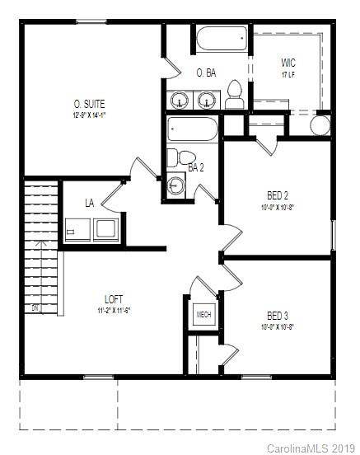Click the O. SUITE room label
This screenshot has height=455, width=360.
tap(90, 104)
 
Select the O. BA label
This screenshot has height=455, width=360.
tap(206, 73)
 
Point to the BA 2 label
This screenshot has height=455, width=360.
tap(196, 168)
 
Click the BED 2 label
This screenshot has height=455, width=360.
tap(278, 195)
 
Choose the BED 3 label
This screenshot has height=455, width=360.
tap(278, 316)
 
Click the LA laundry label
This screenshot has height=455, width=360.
tap(90, 203)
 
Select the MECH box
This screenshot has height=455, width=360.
tap(203, 315)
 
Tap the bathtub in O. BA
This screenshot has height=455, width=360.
tap(222, 38)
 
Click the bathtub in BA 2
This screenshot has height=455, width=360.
tap(193, 129)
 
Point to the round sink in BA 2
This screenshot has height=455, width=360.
tap(175, 184)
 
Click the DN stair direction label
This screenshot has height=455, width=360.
tap(35, 308)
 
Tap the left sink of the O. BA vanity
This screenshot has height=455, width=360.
tap(180, 101)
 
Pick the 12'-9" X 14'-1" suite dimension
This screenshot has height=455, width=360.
tap(90, 115)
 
